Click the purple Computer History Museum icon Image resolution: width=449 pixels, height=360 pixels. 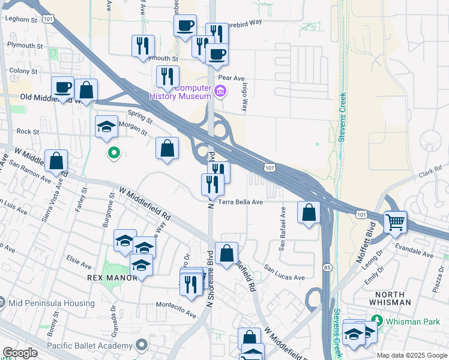220,92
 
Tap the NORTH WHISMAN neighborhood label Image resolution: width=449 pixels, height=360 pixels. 399,294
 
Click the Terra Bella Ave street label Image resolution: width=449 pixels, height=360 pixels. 241,202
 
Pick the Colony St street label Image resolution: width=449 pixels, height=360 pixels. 24,71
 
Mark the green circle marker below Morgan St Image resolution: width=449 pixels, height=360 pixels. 113,154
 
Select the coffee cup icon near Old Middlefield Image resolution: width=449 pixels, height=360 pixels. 62,88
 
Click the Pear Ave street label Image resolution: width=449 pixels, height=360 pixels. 232,78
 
